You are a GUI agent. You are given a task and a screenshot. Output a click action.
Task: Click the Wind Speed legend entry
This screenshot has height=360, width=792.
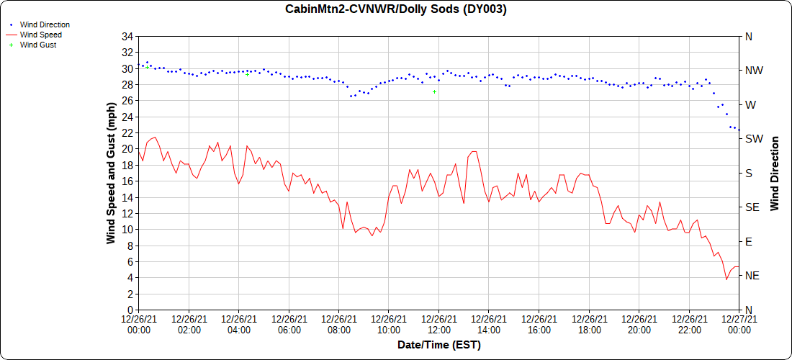click(40, 35)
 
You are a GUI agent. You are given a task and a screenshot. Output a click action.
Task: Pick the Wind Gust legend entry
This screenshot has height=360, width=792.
click(38, 45)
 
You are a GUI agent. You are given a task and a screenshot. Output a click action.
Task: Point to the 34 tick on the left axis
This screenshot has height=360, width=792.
click(127, 37)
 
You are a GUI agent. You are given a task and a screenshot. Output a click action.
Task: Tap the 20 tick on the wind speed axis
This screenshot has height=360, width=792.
click(127, 149)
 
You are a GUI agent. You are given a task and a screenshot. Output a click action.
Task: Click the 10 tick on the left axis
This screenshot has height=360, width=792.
click(127, 230)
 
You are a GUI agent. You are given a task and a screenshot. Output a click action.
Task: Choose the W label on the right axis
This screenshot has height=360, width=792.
click(750, 105)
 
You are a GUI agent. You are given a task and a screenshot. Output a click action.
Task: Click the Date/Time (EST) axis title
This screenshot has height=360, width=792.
click(439, 345)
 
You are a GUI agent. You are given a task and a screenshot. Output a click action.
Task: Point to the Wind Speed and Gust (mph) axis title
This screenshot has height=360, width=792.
click(111, 174)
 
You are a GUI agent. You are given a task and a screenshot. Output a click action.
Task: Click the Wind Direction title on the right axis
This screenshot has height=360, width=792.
click(775, 174)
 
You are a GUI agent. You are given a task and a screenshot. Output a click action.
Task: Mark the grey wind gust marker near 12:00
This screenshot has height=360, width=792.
click(434, 91)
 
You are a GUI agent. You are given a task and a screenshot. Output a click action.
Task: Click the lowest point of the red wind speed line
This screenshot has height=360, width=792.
click(726, 279)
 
